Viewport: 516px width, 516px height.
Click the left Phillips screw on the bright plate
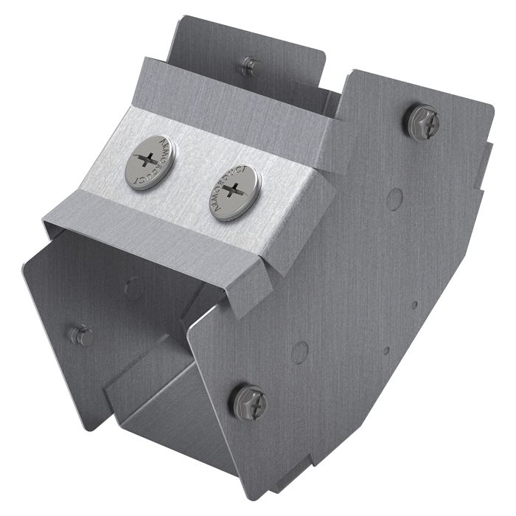pyautogui.click(x=150, y=161)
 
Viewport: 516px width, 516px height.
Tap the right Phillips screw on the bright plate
pyautogui.click(x=234, y=191)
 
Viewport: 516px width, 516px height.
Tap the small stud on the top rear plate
pyautogui.click(x=251, y=63)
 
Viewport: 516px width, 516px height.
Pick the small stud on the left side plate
pyautogui.click(x=82, y=336)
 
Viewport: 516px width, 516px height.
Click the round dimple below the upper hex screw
pyautogui.click(x=395, y=198)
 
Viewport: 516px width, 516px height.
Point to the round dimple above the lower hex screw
pyautogui.click(x=299, y=352)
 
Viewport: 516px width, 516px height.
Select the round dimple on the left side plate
pyautogui.click(x=133, y=286)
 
